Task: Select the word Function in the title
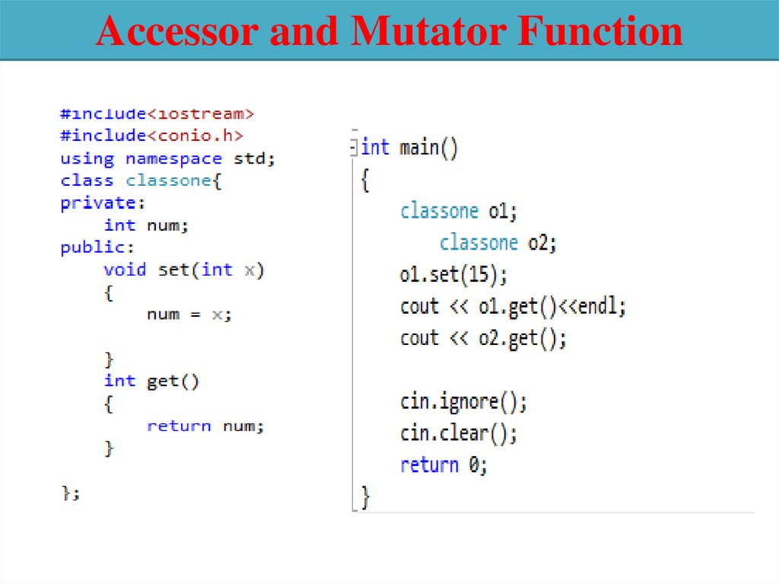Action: [601, 32]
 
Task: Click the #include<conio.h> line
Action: [151, 136]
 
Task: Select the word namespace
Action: [173, 159]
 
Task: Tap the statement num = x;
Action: [189, 314]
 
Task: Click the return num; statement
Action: [205, 426]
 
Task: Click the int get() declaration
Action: [151, 381]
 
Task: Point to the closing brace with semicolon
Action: [70, 493]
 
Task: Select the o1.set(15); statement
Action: [453, 274]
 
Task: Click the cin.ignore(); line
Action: [463, 401]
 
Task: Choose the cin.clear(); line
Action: [459, 433]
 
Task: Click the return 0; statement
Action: [444, 465]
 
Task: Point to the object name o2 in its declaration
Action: [542, 243]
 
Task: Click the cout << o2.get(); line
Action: [483, 338]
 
